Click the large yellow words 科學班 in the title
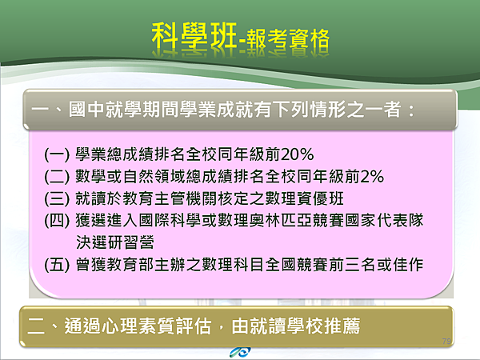pos(194,36)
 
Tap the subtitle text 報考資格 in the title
pos(288,39)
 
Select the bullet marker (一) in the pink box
pos(57,154)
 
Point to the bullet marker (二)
pos(57,177)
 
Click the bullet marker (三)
pos(57,199)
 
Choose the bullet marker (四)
pos(57,221)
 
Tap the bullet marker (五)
pos(57,265)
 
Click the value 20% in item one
pos(298,154)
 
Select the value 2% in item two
pos(372,177)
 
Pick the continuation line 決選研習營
pos(114,242)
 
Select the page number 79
pos(446,341)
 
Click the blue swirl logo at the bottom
pos(240,352)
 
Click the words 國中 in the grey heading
pos(86,110)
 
